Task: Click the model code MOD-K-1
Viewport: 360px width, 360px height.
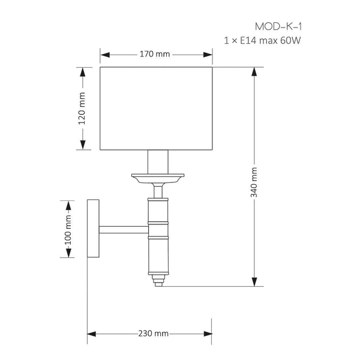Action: pyautogui.click(x=278, y=26)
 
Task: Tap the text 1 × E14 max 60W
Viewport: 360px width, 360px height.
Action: pyautogui.click(x=262, y=41)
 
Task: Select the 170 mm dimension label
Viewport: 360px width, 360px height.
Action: pyautogui.click(x=155, y=54)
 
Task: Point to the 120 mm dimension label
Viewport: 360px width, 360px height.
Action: pyautogui.click(x=82, y=109)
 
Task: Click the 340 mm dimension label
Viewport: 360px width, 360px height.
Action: pyautogui.click(x=254, y=182)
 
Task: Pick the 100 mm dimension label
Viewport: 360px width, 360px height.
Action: pyautogui.click(x=68, y=230)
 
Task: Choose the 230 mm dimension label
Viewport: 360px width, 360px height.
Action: pyautogui.click(x=154, y=334)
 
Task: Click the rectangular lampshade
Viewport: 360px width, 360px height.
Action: pyautogui.click(x=156, y=109)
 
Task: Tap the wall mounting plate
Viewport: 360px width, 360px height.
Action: pyautogui.click(x=93, y=228)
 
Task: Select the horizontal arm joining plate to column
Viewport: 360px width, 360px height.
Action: pyautogui.click(x=124, y=230)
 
